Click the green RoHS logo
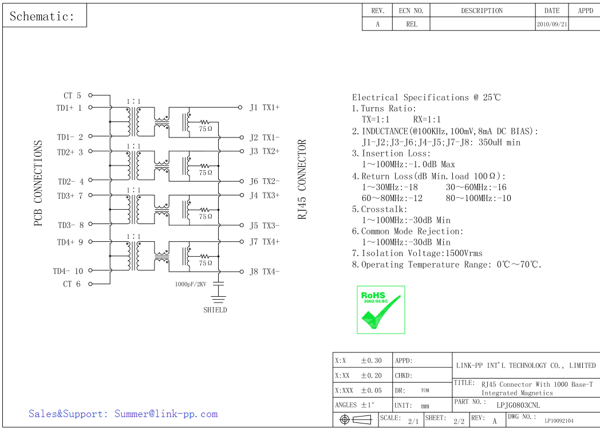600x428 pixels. pyautogui.click(x=381, y=309)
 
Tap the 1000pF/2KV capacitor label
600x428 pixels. pyautogui.click(x=190, y=284)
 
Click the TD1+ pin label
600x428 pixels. pyautogui.click(x=69, y=108)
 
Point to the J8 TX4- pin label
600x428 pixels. pyautogui.click(x=264, y=272)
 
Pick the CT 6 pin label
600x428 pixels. pyautogui.click(x=72, y=284)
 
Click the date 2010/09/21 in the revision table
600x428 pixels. pyautogui.click(x=552, y=25)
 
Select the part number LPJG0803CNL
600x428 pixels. pyautogui.click(x=518, y=405)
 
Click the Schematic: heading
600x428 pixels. pyautogui.click(x=42, y=16)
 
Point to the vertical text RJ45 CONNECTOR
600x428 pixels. pyautogui.click(x=302, y=179)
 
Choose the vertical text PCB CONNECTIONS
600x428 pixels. pyautogui.click(x=38, y=183)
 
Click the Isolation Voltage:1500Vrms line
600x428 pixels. pyautogui.click(x=417, y=253)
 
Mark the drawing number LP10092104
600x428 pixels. pyautogui.click(x=559, y=421)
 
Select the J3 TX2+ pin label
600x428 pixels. pyautogui.click(x=264, y=151)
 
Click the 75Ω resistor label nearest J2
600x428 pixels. pyautogui.click(x=206, y=129)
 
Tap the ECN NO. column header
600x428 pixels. pyautogui.click(x=411, y=10)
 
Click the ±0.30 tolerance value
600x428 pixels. pyautogui.click(x=371, y=360)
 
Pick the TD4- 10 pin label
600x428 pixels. pyautogui.click(x=68, y=272)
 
